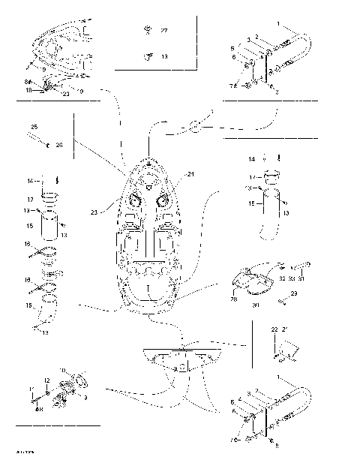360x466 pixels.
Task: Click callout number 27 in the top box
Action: tap(165, 30)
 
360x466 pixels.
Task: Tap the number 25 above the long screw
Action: tap(34, 127)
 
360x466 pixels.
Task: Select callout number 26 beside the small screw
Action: tap(59, 144)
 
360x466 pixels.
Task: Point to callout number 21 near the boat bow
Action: tap(190, 174)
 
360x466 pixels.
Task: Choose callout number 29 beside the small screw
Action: tap(293, 293)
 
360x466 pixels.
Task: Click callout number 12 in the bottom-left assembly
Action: tap(46, 380)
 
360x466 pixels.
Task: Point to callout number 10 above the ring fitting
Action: tap(62, 371)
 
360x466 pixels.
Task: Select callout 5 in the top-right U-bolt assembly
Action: tap(232, 47)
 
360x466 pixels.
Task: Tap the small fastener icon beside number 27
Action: tap(148, 30)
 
